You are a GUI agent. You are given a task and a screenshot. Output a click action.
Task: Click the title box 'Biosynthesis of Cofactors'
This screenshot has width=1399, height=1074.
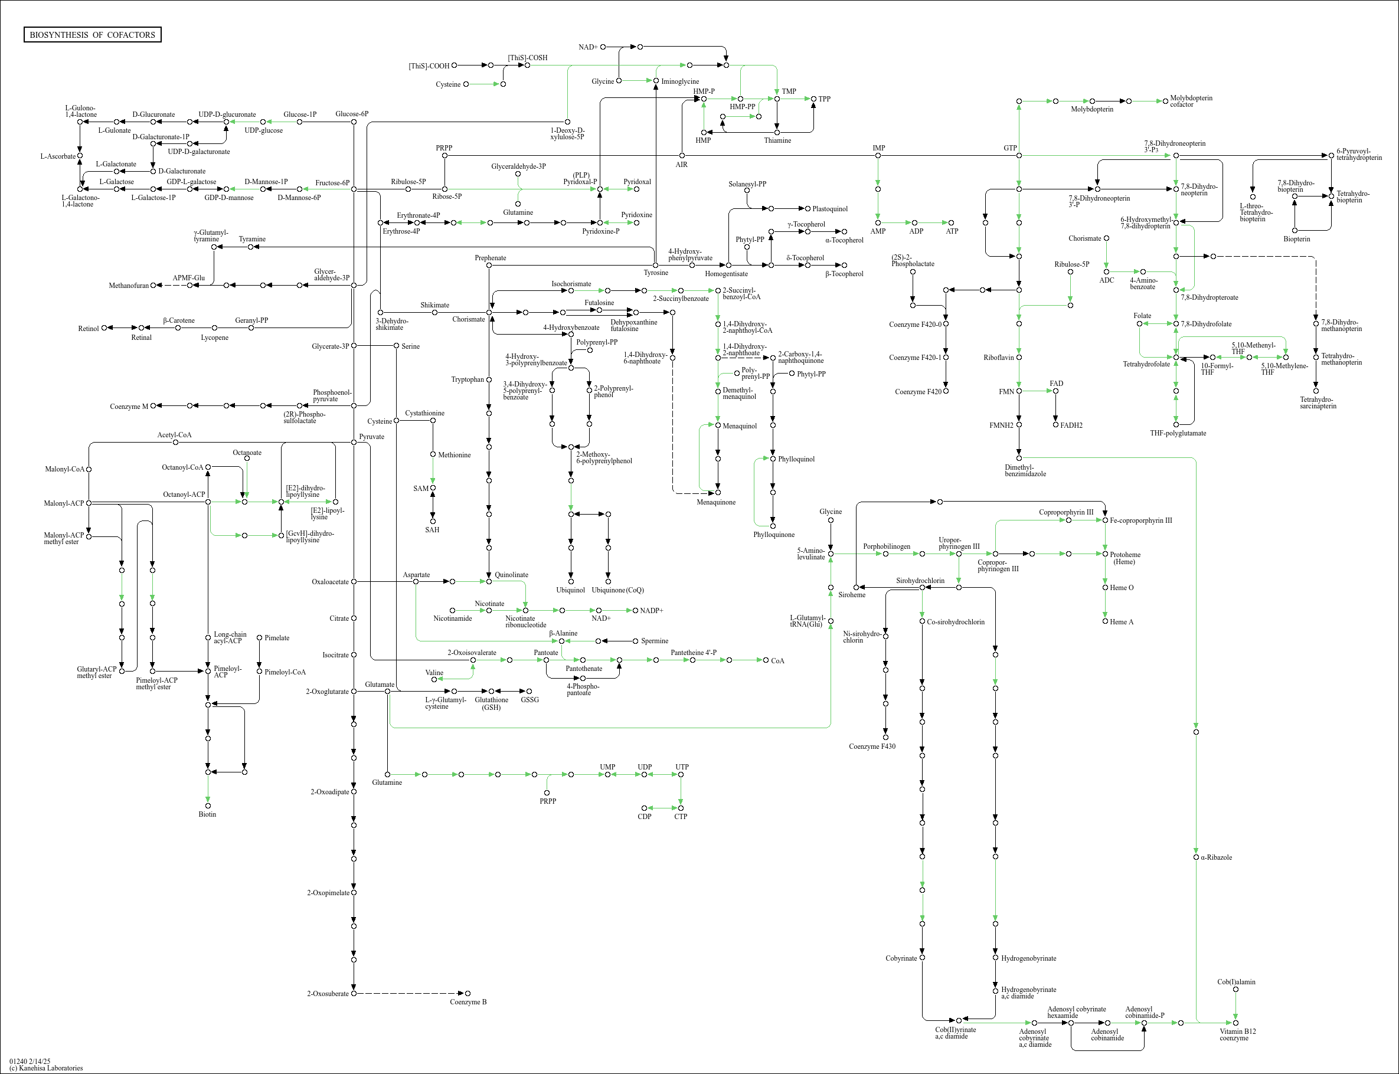[92, 34]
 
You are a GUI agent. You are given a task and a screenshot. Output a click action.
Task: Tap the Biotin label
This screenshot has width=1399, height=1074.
[207, 814]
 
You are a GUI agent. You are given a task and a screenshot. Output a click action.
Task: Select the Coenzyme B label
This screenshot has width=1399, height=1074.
[468, 1002]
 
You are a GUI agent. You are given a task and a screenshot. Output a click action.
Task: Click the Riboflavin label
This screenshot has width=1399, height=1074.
[998, 358]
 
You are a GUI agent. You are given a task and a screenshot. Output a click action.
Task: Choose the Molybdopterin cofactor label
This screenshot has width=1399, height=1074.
[1191, 101]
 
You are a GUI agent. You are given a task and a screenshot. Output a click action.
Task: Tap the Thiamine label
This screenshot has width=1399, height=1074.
[777, 140]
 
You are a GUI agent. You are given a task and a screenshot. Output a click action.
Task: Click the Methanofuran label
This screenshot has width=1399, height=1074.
[129, 286]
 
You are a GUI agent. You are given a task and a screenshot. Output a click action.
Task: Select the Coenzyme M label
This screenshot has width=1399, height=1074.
[129, 407]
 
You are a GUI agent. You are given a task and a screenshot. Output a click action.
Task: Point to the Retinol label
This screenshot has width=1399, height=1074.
[88, 329]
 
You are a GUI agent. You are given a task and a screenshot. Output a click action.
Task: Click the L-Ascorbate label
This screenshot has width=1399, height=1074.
[57, 156]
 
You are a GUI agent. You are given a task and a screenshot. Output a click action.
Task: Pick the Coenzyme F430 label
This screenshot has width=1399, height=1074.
[871, 746]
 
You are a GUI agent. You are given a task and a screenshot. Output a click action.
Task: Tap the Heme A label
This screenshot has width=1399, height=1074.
[1122, 622]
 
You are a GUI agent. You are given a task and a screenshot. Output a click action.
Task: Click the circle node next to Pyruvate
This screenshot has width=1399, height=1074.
[354, 442]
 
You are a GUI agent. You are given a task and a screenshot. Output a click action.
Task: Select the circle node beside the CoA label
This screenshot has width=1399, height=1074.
[766, 660]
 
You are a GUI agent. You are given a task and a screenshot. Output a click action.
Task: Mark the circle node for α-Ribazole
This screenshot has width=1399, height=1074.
[1196, 857]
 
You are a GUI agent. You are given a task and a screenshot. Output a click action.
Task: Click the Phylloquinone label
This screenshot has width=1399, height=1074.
[774, 535]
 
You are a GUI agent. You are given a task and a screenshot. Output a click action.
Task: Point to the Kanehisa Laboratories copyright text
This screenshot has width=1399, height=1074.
[46, 1068]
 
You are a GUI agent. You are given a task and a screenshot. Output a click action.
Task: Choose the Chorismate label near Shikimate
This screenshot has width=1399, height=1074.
[469, 319]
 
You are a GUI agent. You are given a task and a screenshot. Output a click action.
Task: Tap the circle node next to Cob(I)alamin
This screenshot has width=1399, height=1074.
[1235, 990]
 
